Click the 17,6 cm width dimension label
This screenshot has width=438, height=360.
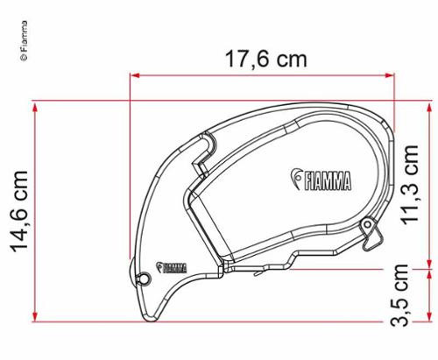tap(266, 60)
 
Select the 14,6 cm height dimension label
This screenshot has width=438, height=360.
tap(19, 211)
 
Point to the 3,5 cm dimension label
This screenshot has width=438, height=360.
tap(399, 295)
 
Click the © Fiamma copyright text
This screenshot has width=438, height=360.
tap(25, 40)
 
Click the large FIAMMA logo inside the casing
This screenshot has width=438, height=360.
tap(321, 180)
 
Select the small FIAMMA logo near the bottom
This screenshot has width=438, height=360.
tap(172, 267)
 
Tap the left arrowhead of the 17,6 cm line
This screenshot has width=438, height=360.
tap(135, 75)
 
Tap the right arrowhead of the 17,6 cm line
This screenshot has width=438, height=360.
tap(390, 75)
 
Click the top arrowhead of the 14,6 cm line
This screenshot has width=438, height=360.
tap(35, 108)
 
